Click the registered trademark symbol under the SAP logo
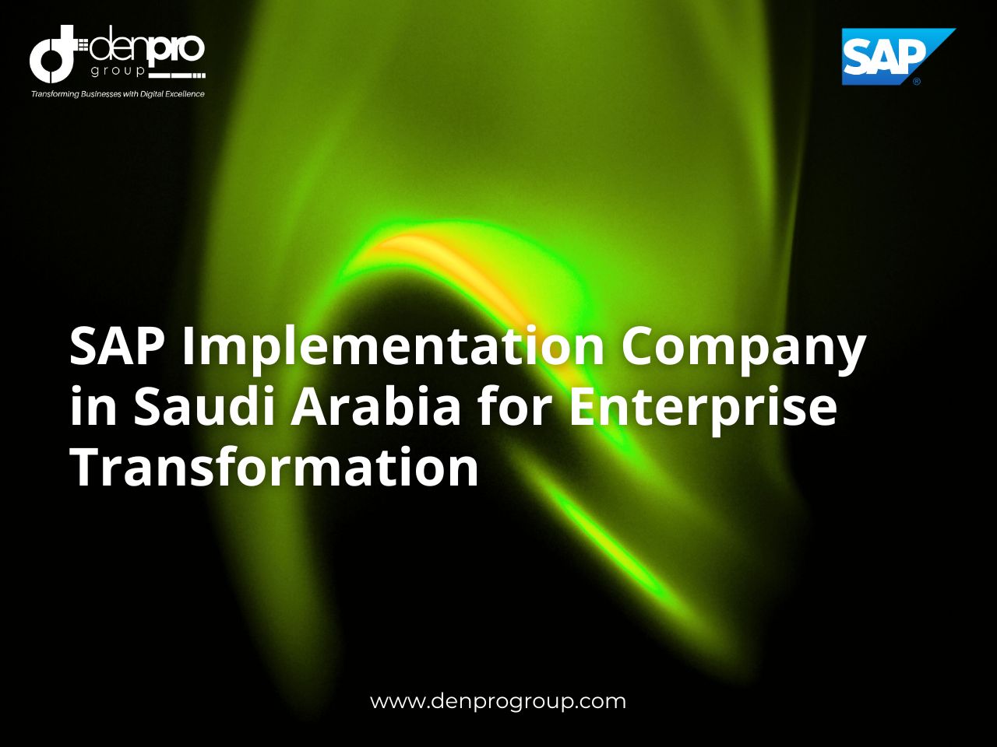click(x=917, y=81)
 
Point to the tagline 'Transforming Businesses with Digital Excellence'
click(x=118, y=94)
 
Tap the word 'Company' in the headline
click(x=742, y=349)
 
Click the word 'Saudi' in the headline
click(x=204, y=407)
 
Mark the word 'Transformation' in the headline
click(x=274, y=468)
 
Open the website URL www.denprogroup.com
click(x=498, y=701)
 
